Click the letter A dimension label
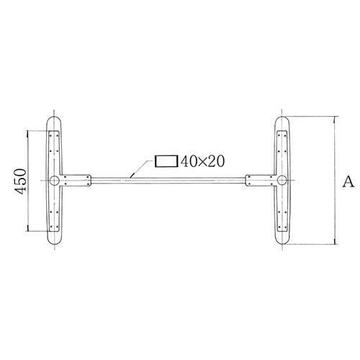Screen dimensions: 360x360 pyautogui.click(x=348, y=181)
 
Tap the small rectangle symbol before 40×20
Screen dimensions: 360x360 pyautogui.click(x=166, y=161)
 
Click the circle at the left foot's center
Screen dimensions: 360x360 pyautogui.click(x=55, y=181)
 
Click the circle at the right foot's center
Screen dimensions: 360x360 pyautogui.click(x=282, y=181)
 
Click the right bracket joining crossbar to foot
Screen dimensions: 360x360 pyautogui.click(x=261, y=180)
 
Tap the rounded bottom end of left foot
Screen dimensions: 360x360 pyautogui.click(x=55, y=246)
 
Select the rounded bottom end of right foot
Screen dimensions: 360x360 pyautogui.click(x=282, y=246)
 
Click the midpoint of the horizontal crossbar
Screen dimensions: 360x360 pyautogui.click(x=168, y=180)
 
